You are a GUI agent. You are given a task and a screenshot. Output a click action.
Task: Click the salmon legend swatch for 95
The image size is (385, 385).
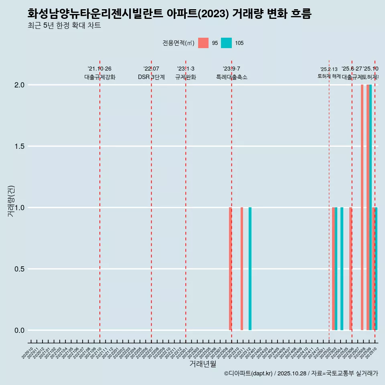click(x=203, y=43)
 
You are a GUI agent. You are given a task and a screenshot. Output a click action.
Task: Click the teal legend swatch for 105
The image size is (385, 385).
click(x=226, y=43)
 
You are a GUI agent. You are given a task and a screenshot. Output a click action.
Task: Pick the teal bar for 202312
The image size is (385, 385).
click(x=250, y=269)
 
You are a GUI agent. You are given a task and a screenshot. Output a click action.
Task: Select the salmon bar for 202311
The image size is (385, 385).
click(x=242, y=269)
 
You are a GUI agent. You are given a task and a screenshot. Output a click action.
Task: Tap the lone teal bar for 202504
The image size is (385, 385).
click(x=342, y=269)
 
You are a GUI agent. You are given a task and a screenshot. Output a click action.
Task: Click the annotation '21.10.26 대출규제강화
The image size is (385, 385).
click(x=100, y=73)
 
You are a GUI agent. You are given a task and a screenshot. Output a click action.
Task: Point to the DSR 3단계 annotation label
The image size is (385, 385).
click(x=151, y=77)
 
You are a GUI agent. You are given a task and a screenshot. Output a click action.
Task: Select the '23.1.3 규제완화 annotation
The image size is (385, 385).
click(x=186, y=73)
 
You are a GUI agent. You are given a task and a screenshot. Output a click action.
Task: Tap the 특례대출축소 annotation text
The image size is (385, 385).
click(x=232, y=77)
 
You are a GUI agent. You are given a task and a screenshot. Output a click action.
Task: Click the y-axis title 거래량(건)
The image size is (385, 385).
click(x=11, y=201)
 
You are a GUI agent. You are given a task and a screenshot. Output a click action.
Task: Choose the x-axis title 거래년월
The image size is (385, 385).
click(x=203, y=364)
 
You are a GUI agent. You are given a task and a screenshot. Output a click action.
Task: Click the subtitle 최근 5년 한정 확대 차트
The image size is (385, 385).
click(x=64, y=26)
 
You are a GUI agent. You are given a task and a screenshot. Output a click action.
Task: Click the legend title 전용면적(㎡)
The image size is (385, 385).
click(x=178, y=43)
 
